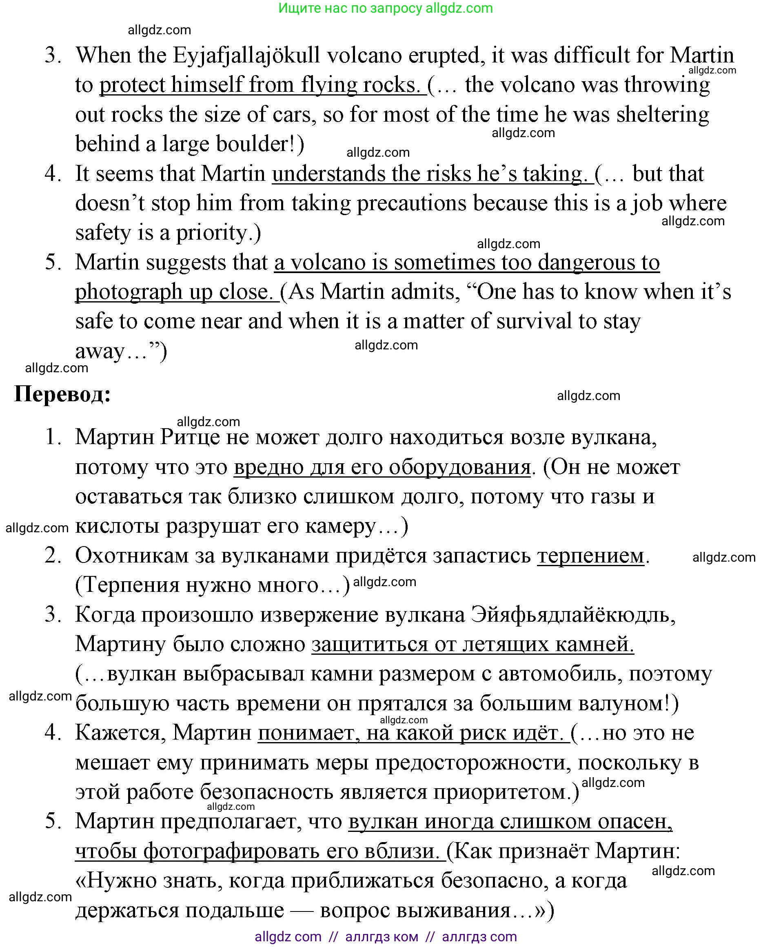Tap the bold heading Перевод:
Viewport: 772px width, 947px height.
[x=62, y=393]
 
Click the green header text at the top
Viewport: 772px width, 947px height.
[x=386, y=8]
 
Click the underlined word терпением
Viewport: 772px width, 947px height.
[x=590, y=556]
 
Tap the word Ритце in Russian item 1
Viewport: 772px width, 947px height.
[x=190, y=437]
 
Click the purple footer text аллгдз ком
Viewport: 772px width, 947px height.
[x=382, y=937]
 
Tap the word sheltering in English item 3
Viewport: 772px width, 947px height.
[x=663, y=114]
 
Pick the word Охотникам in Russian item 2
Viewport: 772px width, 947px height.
[x=132, y=556]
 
